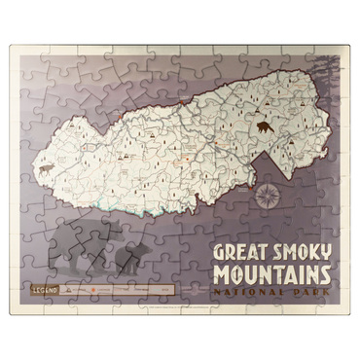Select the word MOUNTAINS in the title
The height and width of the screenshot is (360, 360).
click(271, 272)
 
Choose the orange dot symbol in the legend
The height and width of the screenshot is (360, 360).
click(92, 290)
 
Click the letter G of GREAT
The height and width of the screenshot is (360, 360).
click(217, 251)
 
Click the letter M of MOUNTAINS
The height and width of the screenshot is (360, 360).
click(220, 272)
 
